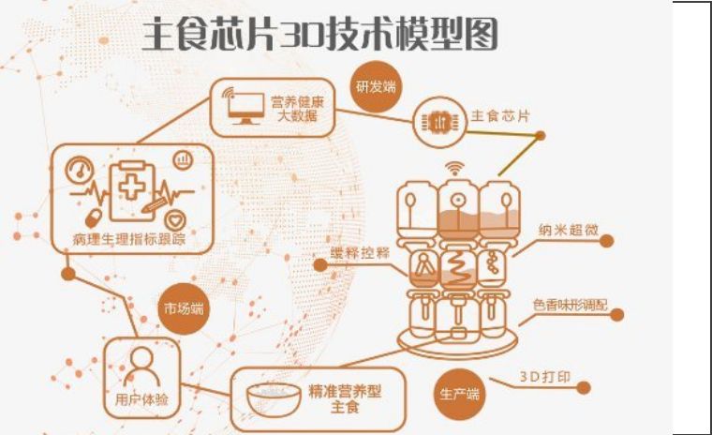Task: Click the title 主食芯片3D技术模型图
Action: coord(320,34)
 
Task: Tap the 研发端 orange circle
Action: coord(377,86)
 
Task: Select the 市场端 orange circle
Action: coord(184,308)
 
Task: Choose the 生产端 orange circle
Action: coord(460,394)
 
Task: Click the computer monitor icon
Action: coord(245,107)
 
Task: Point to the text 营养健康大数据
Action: coord(297,109)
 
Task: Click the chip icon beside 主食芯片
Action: coord(439,122)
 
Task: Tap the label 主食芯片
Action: coord(500,116)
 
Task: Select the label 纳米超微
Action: coord(568,230)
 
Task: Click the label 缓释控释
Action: coord(360,253)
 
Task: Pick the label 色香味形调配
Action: coord(570,305)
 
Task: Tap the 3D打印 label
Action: coord(545,377)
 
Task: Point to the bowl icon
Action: coord(274,399)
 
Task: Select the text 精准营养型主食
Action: coord(345,398)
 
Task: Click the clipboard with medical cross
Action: coord(132,190)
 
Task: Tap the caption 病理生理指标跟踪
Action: coord(129,239)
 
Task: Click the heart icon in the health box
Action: coord(175,221)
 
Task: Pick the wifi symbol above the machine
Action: coord(453,168)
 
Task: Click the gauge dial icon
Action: coord(80,171)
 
